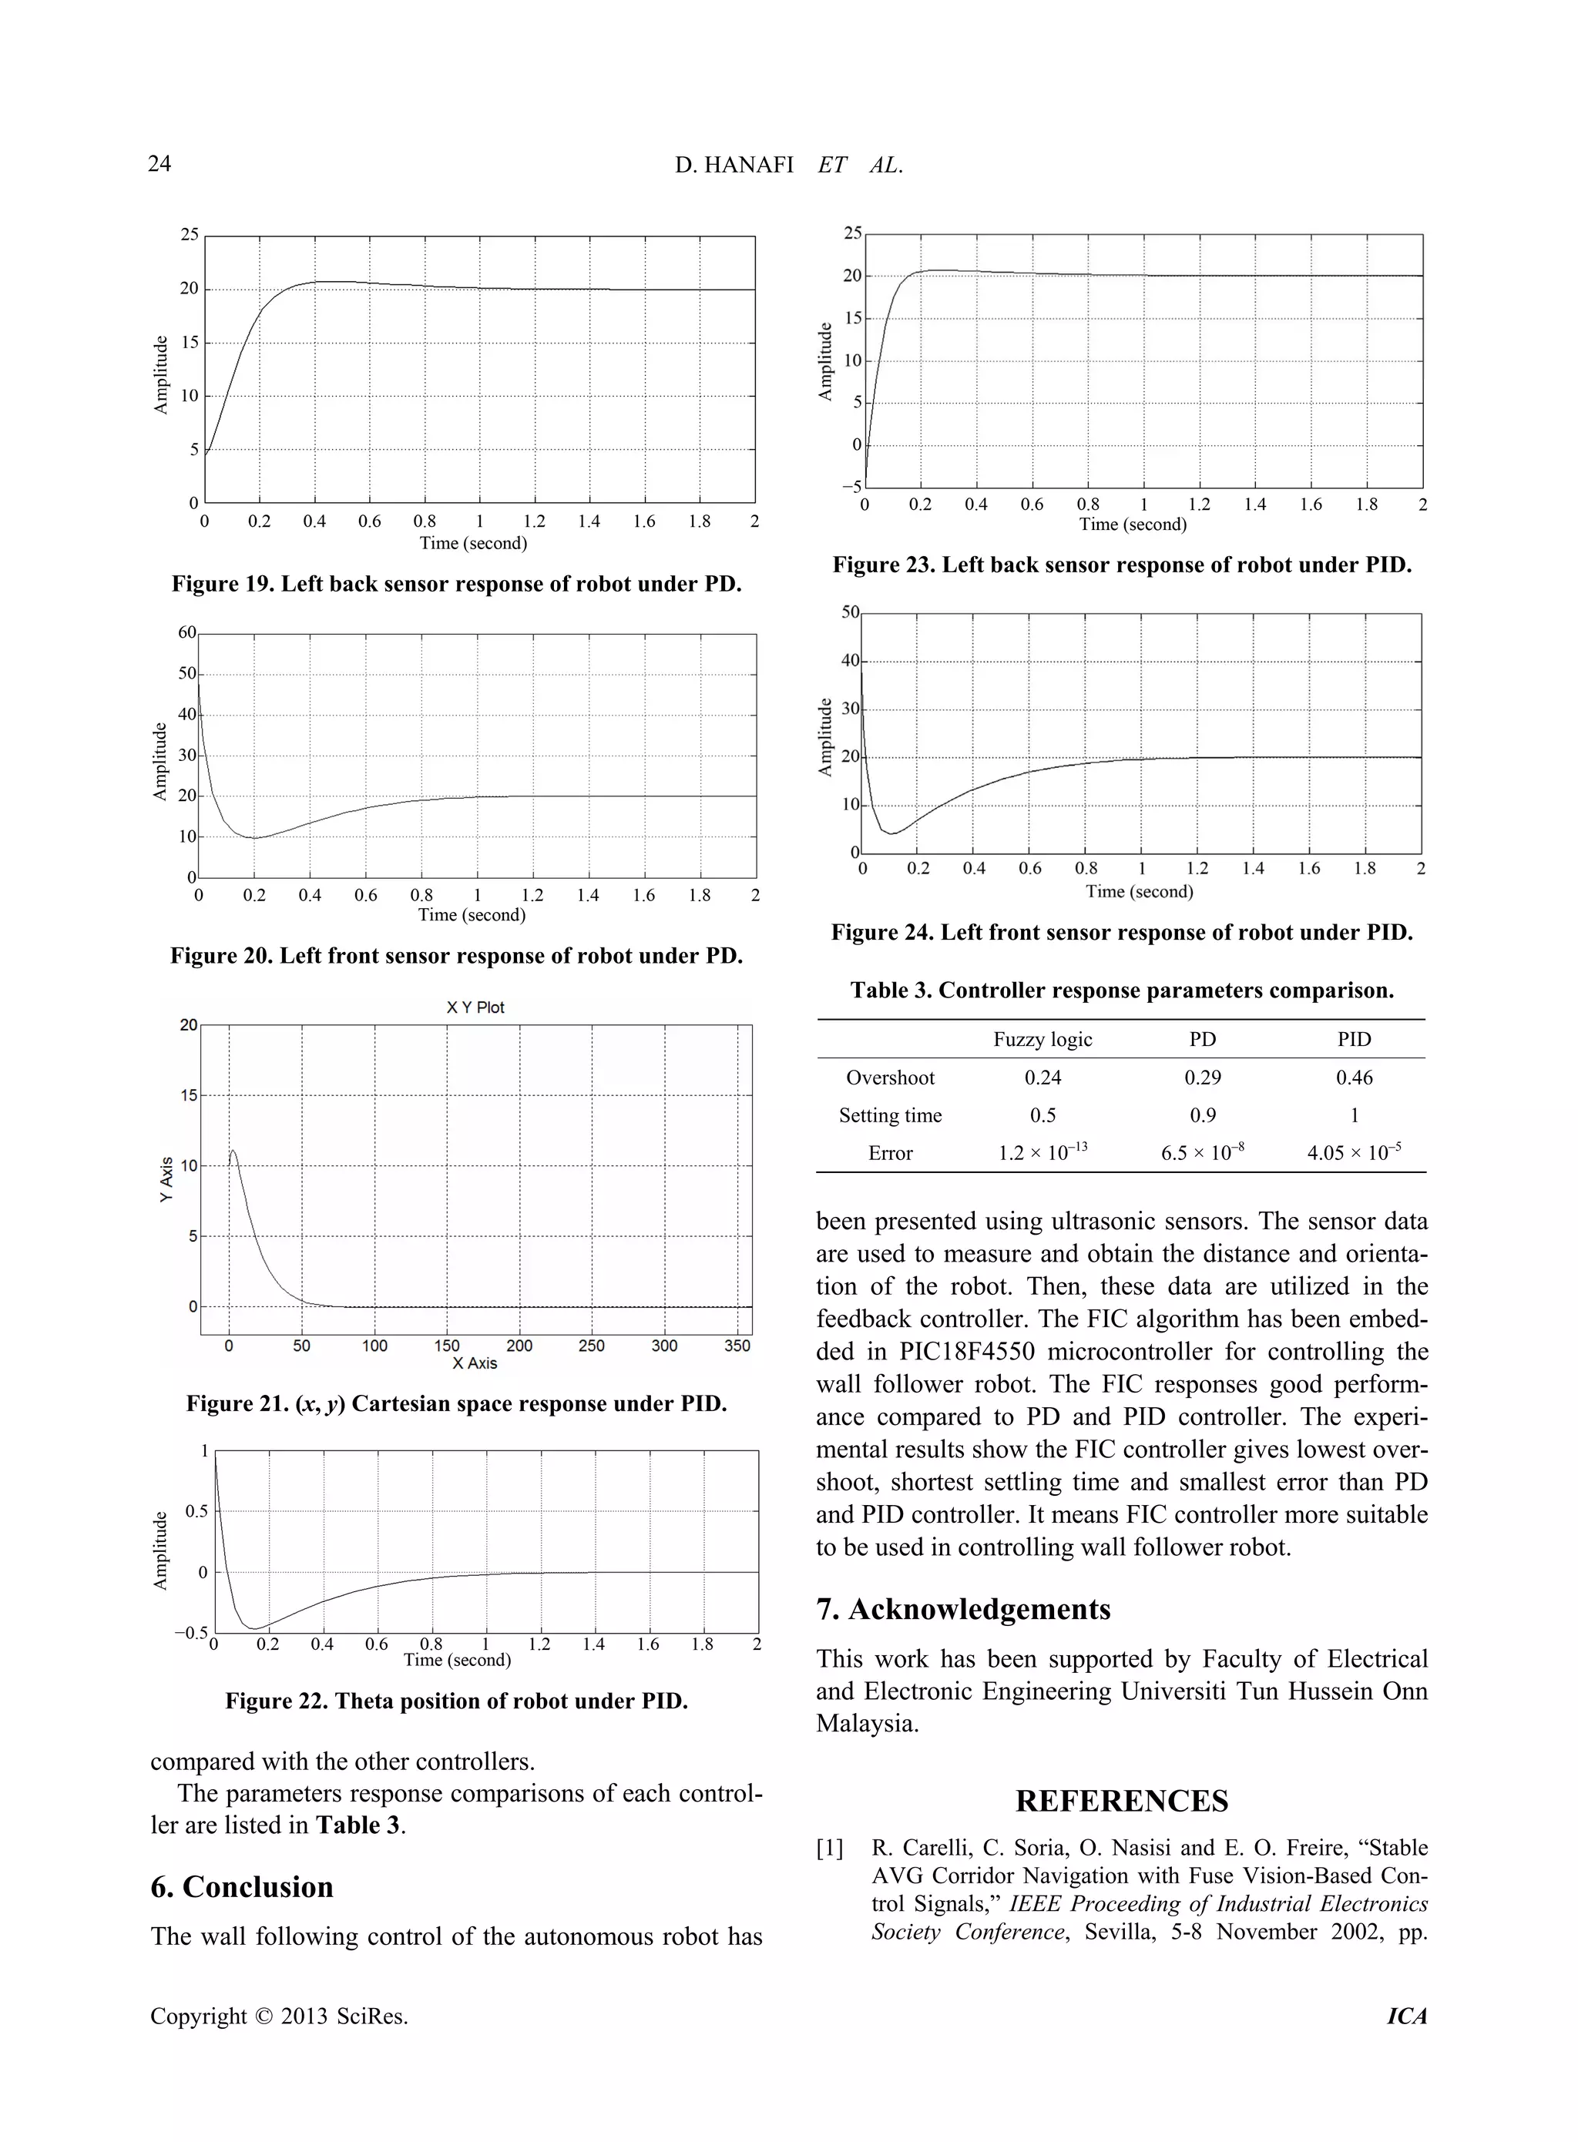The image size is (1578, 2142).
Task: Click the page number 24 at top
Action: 159,164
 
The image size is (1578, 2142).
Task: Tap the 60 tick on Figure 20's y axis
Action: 186,632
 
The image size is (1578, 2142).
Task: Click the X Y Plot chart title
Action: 475,1007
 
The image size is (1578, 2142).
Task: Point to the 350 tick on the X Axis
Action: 737,1346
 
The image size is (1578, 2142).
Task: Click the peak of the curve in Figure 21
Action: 234,1151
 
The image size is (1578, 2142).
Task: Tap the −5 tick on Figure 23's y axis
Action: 851,486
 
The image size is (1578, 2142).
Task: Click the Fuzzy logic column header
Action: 1042,1039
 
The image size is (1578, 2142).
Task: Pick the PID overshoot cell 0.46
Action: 1354,1078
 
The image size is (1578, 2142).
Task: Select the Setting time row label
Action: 889,1115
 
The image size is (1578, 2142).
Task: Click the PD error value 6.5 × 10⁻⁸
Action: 1202,1153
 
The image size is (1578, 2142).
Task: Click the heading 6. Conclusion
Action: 242,1887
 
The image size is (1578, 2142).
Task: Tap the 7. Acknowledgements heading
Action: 963,1609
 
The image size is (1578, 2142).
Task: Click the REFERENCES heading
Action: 1121,1801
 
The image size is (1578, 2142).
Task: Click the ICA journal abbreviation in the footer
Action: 1406,2016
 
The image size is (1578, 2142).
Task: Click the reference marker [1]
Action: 830,1849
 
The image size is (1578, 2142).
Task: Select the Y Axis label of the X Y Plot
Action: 167,1179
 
